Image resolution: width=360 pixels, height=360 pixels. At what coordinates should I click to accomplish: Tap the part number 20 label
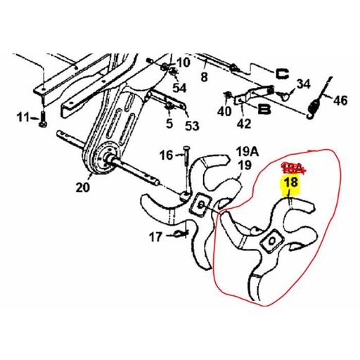coord(84,187)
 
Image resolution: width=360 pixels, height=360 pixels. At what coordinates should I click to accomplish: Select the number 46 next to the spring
coord(340,101)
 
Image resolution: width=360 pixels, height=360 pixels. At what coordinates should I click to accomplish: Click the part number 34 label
coord(303,84)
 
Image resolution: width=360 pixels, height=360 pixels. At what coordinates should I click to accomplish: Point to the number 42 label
coord(243,124)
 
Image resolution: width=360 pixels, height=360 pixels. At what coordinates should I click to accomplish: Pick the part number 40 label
coord(225,112)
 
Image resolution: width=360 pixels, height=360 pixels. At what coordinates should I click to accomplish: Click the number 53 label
coord(191,126)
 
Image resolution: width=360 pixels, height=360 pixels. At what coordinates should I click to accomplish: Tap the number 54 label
coord(180,88)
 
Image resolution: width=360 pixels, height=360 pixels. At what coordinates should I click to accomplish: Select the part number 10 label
coord(183,63)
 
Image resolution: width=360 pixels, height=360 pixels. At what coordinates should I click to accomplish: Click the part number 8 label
coord(205,77)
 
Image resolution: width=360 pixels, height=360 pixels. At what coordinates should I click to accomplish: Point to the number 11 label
coord(24,116)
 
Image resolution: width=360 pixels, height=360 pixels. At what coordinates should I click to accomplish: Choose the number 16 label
coord(165,155)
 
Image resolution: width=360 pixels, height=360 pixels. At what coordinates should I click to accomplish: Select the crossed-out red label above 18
coord(291,168)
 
